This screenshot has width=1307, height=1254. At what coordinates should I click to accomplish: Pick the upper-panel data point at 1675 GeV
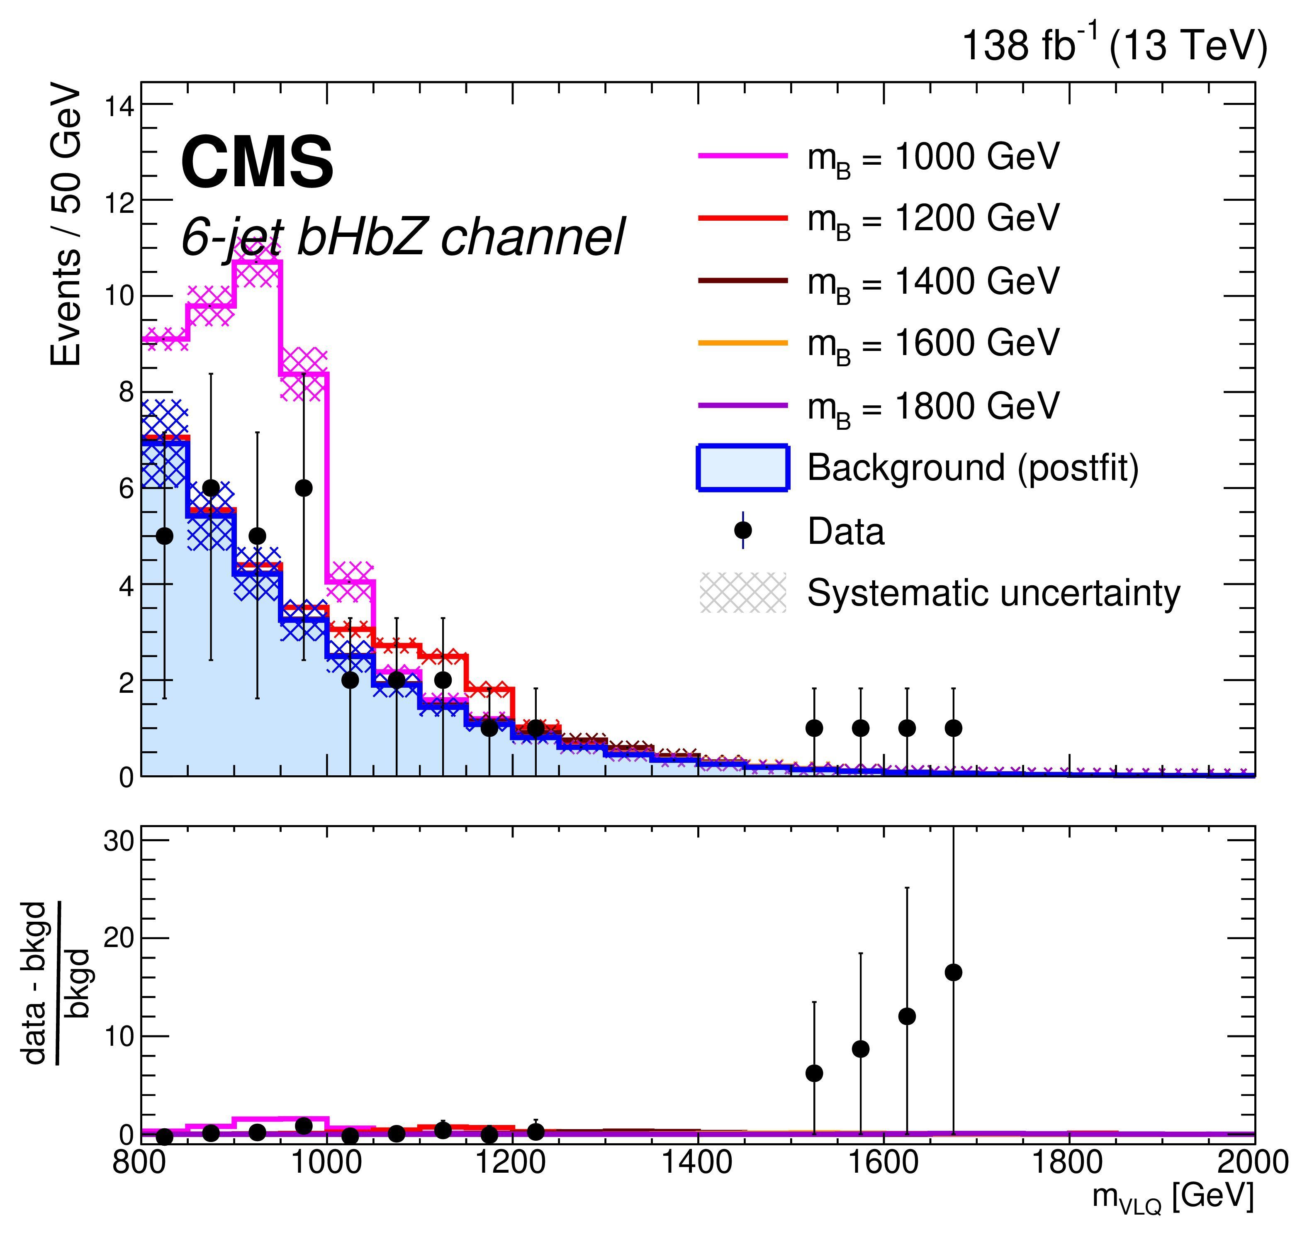click(954, 728)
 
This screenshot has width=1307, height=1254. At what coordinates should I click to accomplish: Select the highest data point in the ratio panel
click(954, 972)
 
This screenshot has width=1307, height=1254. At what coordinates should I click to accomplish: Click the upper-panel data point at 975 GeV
click(303, 487)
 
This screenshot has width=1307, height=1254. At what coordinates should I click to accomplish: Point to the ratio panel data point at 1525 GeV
click(814, 1073)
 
